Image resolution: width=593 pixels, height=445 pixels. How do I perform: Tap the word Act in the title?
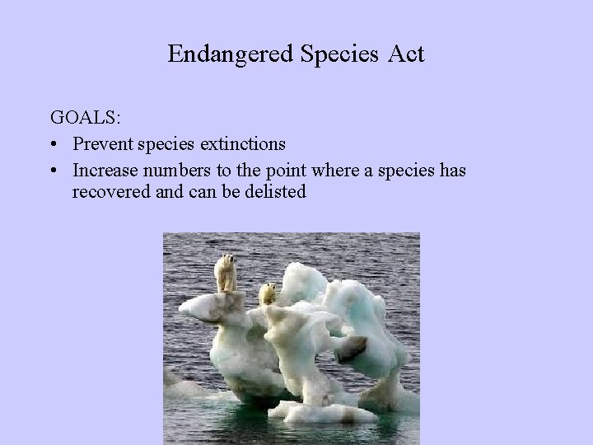[x=408, y=54]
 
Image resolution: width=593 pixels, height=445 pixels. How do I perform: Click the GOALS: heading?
[x=86, y=118]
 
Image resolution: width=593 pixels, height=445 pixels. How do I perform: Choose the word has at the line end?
[x=451, y=170]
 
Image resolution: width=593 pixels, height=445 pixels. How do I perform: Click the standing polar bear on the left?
[x=226, y=273]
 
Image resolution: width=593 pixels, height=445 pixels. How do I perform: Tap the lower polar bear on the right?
[x=268, y=294]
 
